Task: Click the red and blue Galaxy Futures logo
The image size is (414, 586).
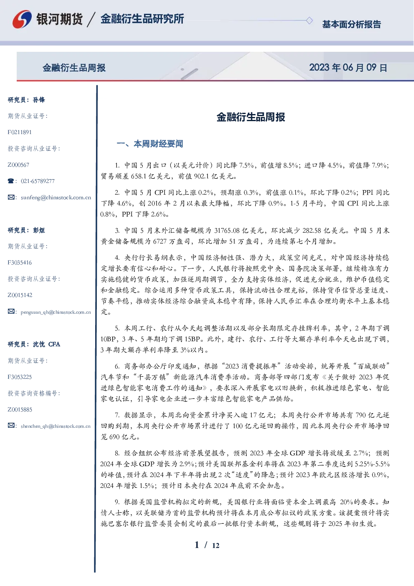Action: pos(22,19)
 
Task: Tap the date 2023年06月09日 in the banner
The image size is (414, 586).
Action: pos(348,68)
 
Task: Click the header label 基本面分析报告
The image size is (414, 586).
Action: pos(351,24)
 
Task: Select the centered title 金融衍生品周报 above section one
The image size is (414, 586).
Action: pos(251,117)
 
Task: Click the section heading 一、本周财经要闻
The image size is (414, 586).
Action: pos(150,144)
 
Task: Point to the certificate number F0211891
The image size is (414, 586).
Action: pos(20,132)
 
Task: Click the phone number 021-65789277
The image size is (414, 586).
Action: pos(38,181)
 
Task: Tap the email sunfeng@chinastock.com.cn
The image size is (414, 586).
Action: pos(56,198)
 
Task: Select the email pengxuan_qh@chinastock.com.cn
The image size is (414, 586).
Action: pos(56,312)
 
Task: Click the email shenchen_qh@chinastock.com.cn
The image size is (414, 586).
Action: pos(56,426)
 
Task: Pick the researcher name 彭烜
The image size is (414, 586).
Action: pos(39,230)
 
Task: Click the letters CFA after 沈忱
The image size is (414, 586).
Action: pos(54,344)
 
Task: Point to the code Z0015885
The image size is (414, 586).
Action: pos(20,410)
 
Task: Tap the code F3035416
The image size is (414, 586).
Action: pos(20,263)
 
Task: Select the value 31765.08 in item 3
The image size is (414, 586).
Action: pos(227,231)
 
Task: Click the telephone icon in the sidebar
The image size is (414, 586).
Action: pos(11,181)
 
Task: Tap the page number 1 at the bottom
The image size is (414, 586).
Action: pos(197,545)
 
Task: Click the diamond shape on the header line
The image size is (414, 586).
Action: pos(309,20)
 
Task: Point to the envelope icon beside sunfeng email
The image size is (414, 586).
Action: pos(11,197)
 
